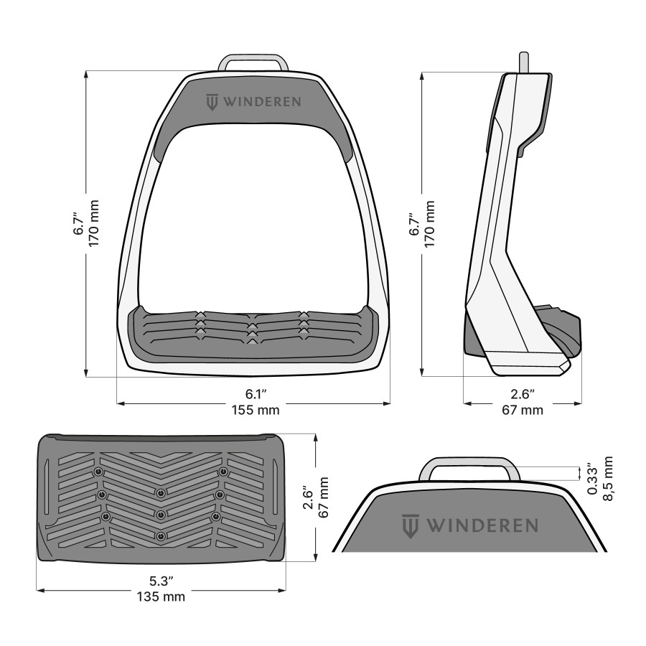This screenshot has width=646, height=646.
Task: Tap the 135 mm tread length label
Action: pos(161,597)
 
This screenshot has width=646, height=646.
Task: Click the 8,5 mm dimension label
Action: pos(609,479)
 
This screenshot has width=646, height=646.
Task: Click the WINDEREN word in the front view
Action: pos(262,102)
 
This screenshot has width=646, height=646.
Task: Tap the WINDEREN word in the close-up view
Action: pos(482,525)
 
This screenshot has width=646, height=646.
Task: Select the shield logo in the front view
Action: pos(212,102)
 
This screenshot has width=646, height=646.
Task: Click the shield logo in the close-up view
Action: pos(411,525)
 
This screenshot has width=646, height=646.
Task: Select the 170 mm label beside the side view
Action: pos(430,224)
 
